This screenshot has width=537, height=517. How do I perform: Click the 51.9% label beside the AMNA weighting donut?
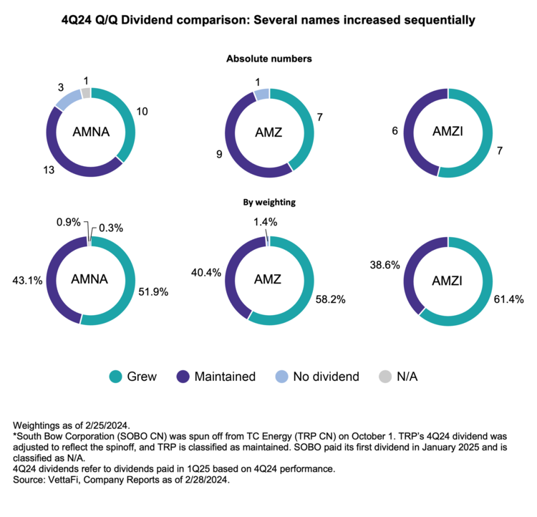[152, 292]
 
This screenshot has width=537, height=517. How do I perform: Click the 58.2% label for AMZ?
[331, 299]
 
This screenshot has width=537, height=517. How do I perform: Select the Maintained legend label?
[225, 376]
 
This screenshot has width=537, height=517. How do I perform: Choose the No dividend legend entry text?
[326, 376]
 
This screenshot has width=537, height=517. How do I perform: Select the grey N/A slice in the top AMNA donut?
[86, 93]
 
